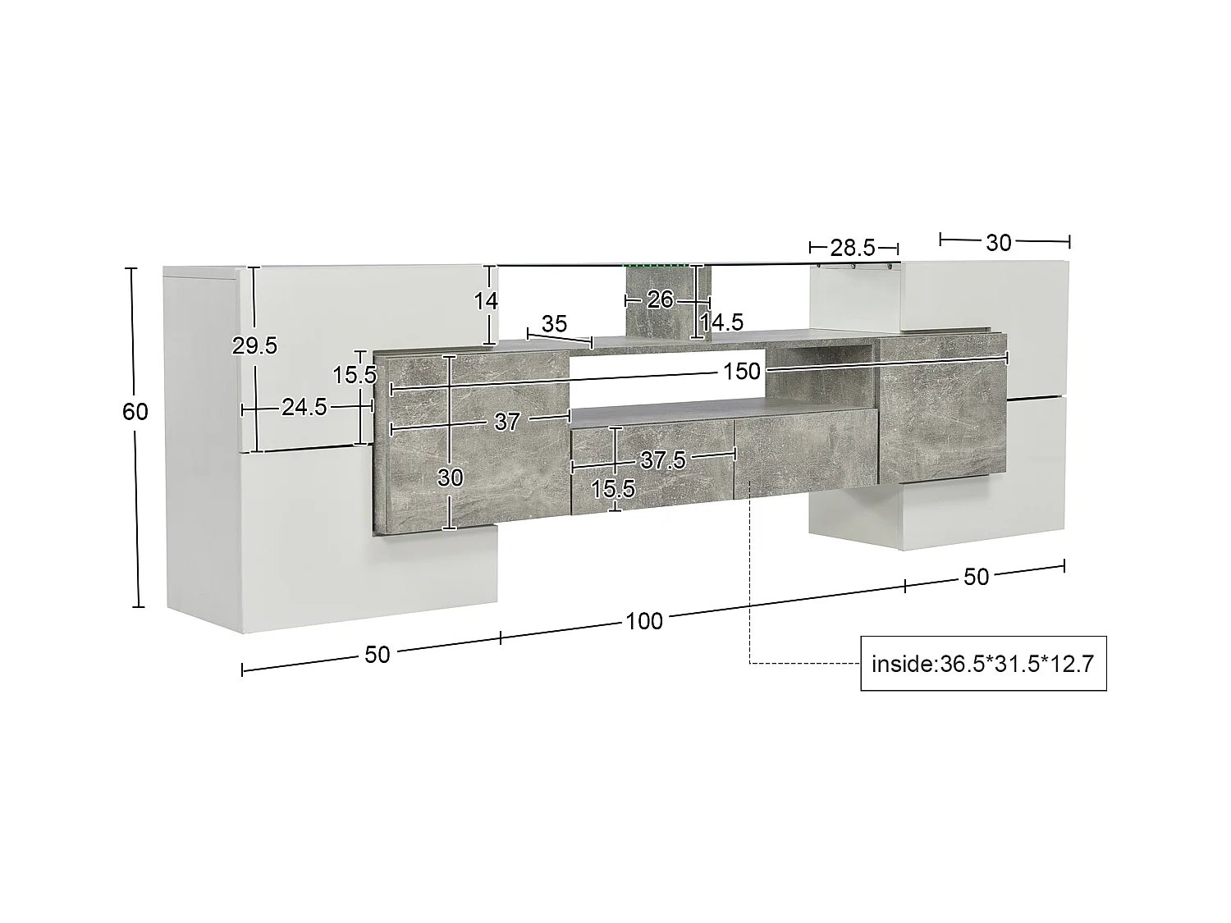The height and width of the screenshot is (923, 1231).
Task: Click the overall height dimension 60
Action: tap(135, 412)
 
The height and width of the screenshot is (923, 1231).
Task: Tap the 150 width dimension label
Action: tap(741, 372)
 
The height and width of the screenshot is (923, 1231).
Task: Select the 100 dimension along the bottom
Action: tap(644, 621)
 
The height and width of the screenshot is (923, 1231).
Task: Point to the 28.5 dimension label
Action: tap(853, 249)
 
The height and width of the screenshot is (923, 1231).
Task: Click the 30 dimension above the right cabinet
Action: tap(998, 243)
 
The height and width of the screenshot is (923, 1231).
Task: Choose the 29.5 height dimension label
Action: tap(254, 345)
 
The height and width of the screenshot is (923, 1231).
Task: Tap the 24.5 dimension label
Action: tap(304, 408)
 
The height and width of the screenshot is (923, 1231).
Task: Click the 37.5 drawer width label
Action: tap(663, 460)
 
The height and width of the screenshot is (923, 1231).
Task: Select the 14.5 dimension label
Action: tap(721, 322)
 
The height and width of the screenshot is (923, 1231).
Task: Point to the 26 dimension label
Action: tap(660, 299)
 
